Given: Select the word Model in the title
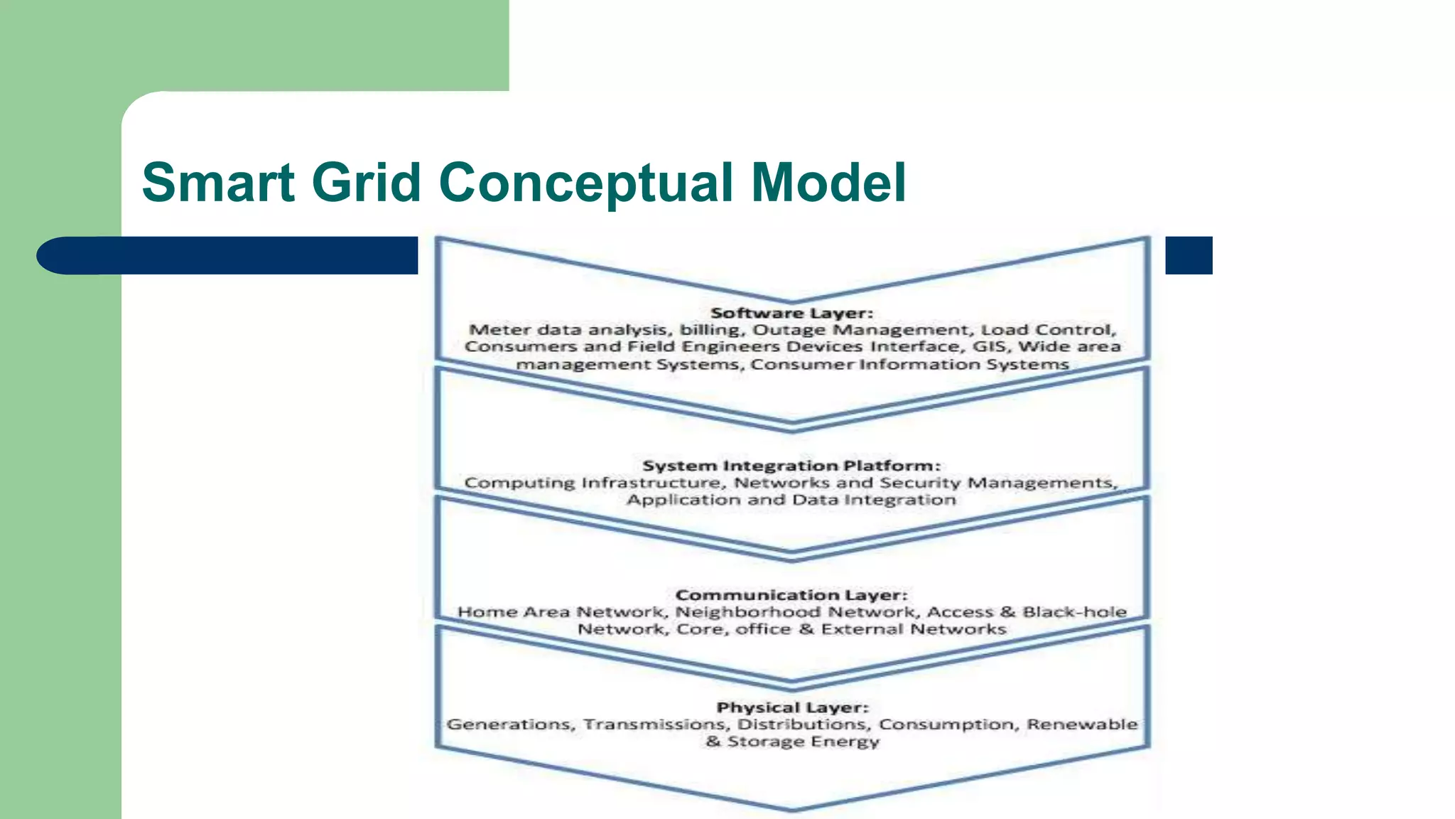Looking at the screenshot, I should click(828, 182).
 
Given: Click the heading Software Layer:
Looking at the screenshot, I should click(791, 313).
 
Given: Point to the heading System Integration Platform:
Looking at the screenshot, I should click(791, 466).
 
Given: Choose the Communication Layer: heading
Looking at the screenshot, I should click(791, 595).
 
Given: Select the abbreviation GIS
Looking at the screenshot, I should click(991, 347).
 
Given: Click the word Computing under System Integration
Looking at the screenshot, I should click(519, 483).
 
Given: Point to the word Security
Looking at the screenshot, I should click(921, 483).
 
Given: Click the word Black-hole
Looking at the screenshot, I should click(1074, 612).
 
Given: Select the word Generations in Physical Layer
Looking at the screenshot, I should click(510, 724).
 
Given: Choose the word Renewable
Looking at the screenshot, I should click(1082, 724).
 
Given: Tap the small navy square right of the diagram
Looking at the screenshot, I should click(1189, 255).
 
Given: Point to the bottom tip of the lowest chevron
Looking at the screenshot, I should click(792, 809).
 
